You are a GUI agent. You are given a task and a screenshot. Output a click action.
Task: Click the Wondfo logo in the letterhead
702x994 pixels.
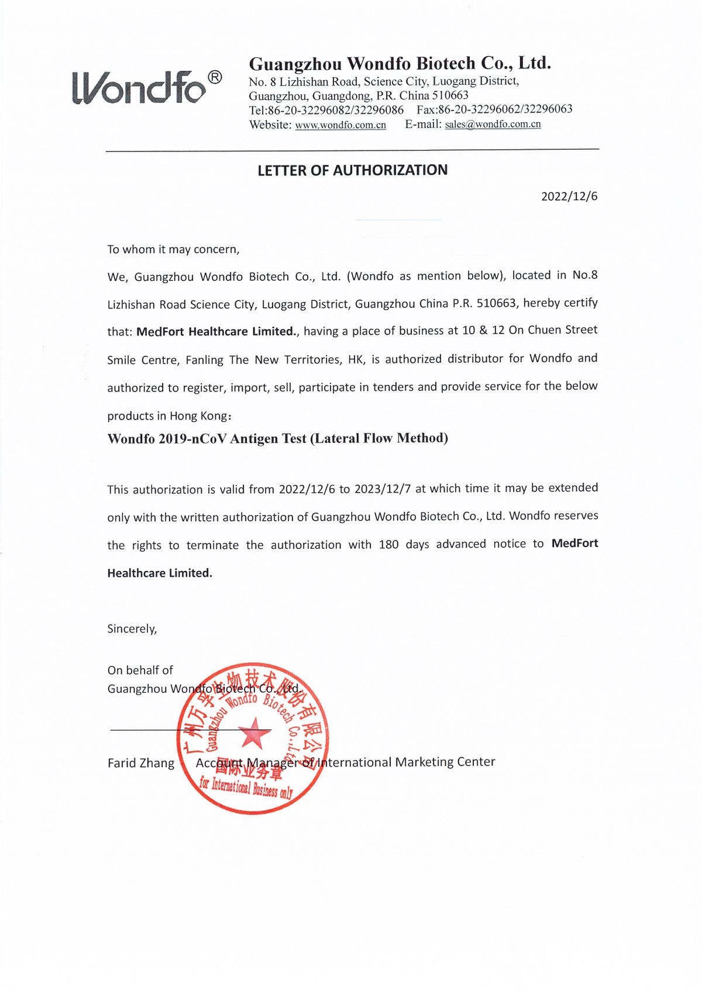(x=139, y=88)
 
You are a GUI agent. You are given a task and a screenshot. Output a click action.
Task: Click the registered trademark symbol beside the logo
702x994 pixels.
(x=215, y=77)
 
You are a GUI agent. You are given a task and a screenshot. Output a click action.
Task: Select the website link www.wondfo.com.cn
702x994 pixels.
(x=340, y=125)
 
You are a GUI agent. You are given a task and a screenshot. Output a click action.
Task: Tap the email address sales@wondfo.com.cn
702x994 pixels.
(x=493, y=124)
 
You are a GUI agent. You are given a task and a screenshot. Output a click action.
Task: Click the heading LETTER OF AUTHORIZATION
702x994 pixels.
(x=352, y=170)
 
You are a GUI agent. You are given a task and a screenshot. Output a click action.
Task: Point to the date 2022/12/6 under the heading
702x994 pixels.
(x=569, y=197)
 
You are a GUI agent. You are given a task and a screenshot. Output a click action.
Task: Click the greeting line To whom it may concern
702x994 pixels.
(x=173, y=250)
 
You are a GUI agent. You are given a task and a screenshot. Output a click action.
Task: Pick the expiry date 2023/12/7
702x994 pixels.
(x=382, y=489)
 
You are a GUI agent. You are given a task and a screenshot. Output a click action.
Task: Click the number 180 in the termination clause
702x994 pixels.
(x=388, y=545)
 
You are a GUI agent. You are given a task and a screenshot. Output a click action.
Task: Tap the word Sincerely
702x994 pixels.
(x=132, y=629)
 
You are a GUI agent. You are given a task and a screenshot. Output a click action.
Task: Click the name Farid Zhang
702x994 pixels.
(x=141, y=763)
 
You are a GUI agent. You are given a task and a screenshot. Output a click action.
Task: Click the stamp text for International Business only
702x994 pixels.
(x=246, y=787)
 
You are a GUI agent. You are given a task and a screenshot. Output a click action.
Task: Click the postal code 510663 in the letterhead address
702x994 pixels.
(x=450, y=95)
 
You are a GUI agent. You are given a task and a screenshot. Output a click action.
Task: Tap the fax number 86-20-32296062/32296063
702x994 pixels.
(x=505, y=109)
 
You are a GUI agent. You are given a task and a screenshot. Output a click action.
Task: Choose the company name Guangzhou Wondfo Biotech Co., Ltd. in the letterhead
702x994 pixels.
(x=400, y=63)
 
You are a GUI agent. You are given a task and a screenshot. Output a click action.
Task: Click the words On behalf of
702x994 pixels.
(x=140, y=670)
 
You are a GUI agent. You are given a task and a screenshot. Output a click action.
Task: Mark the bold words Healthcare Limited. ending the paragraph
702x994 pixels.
(x=160, y=573)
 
